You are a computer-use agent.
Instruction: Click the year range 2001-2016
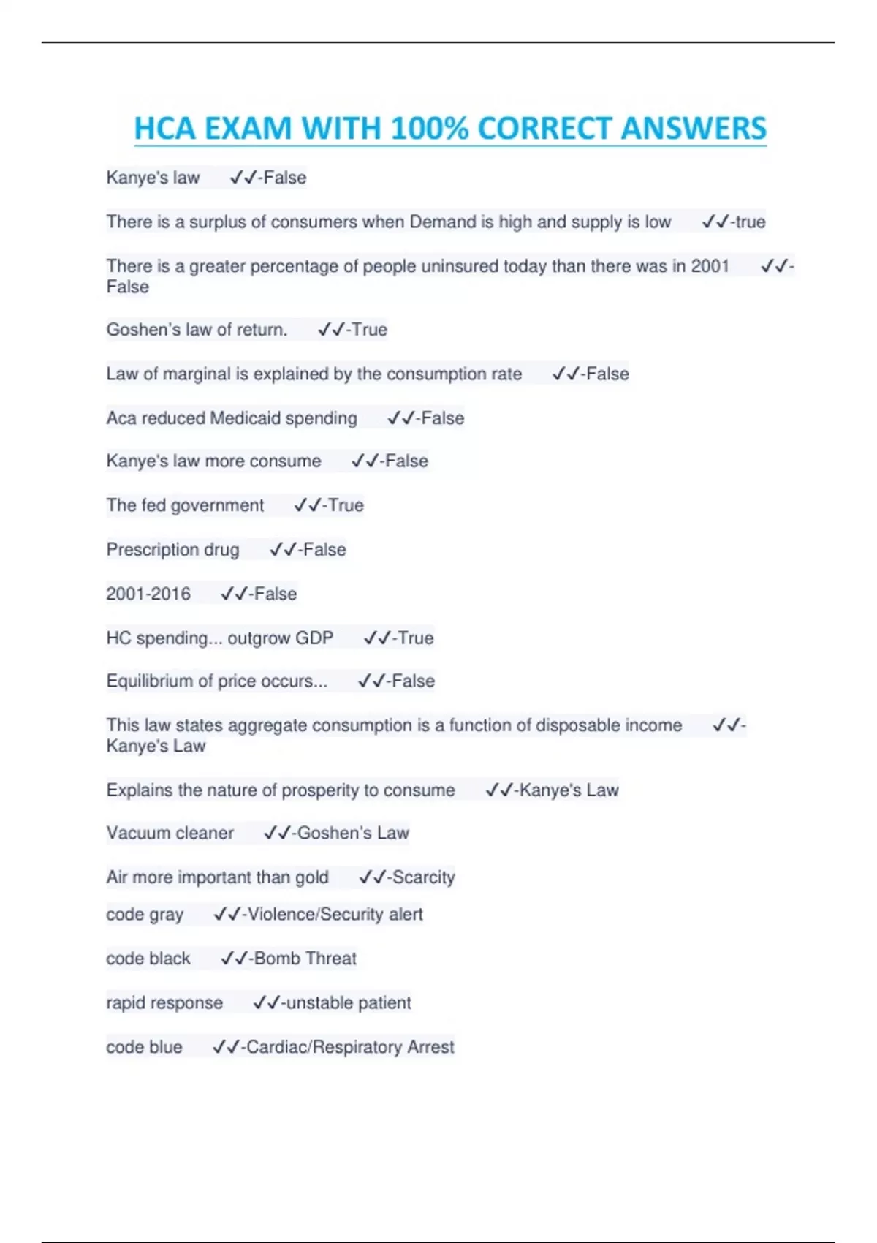(148, 594)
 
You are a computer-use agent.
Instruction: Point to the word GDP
(314, 638)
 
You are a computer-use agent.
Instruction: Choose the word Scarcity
(424, 877)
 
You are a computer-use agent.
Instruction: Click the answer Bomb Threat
(305, 959)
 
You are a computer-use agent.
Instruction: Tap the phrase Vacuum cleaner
(170, 834)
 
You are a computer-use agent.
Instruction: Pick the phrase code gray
(145, 915)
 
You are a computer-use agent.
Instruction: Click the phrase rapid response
(164, 1003)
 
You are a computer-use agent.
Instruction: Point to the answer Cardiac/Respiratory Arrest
(351, 1047)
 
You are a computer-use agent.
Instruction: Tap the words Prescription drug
(172, 550)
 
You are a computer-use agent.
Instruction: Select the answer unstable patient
(349, 1003)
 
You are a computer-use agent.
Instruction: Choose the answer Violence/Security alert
(335, 915)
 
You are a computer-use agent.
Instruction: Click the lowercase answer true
(751, 222)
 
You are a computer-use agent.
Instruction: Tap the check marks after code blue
(226, 1047)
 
